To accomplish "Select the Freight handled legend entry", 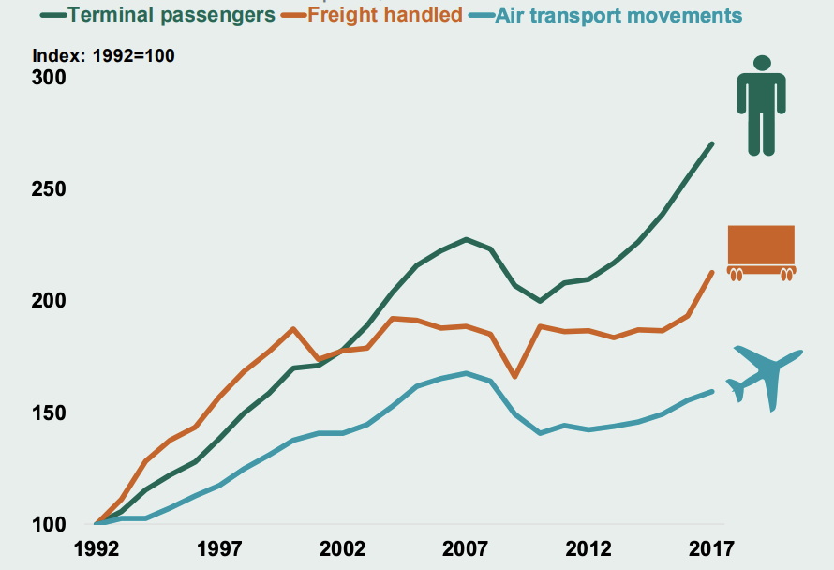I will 384,15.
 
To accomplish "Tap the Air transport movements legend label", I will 618,15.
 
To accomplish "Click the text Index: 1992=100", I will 103,55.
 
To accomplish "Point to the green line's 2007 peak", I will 467,239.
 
